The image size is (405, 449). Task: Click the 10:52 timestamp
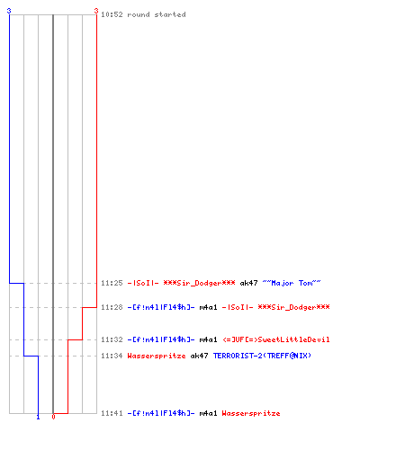click(112, 14)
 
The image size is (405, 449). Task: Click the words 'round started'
click(157, 14)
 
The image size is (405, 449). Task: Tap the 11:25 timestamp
click(112, 283)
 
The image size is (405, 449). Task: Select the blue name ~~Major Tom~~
click(292, 283)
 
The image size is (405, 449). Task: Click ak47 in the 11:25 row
click(248, 283)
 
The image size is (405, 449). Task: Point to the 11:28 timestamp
click(112, 307)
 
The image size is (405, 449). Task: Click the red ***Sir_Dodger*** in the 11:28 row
click(293, 307)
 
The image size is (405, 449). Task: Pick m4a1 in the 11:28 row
click(208, 307)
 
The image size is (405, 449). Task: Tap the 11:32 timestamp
click(112, 339)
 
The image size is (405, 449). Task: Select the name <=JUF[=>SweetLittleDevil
click(276, 339)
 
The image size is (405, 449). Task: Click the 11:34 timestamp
click(112, 356)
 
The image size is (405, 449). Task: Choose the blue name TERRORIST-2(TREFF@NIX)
click(262, 356)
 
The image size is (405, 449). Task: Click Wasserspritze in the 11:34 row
click(157, 356)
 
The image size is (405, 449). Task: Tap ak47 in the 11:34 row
click(199, 356)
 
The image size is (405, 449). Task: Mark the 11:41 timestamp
click(112, 413)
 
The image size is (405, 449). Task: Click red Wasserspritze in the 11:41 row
click(251, 413)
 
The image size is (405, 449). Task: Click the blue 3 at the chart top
click(9, 11)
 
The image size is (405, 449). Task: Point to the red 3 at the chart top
click(96, 11)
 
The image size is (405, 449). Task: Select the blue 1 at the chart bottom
click(38, 418)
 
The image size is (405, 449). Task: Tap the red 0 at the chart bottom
click(53, 417)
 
